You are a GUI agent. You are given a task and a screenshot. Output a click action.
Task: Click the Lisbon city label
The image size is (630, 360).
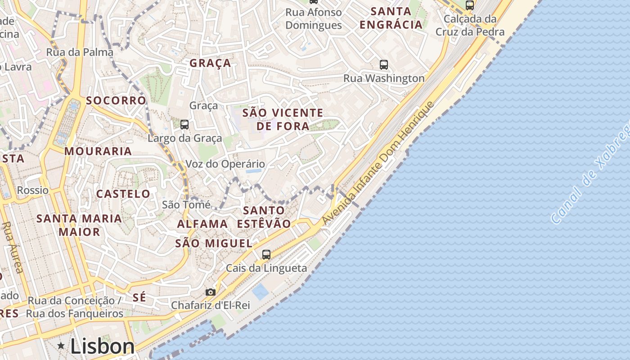102,346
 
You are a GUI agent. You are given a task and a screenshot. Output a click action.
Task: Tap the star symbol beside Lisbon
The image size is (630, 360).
61,346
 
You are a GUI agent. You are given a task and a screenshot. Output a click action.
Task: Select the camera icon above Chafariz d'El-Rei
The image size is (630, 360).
210,292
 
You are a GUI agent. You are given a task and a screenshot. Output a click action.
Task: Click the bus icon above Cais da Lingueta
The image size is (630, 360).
266,255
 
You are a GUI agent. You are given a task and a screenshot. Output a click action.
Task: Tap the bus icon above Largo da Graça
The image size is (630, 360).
184,125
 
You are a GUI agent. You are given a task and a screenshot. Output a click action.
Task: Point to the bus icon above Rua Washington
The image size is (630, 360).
384,65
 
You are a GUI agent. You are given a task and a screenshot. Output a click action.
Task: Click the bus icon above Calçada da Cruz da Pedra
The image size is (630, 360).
470,5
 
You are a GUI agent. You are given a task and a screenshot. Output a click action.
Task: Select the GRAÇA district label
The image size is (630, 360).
210,63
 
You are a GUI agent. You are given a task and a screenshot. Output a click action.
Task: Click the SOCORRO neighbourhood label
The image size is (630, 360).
116,100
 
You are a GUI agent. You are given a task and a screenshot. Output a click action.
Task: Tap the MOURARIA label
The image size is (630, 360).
98,151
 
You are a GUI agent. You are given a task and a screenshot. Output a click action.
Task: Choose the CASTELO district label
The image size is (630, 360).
123,194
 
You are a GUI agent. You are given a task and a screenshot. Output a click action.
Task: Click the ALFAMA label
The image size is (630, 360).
202,224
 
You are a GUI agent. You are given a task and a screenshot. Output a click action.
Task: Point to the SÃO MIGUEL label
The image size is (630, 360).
214,243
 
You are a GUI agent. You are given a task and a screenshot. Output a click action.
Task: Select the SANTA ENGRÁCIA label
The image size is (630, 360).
391,18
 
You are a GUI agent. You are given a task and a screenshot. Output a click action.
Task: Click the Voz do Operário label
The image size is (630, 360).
225,164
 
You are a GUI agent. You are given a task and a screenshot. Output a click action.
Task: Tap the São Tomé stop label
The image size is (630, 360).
186,205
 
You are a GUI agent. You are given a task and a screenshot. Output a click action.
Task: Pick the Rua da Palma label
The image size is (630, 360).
80,52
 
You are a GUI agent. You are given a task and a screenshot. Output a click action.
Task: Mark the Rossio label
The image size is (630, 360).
33,190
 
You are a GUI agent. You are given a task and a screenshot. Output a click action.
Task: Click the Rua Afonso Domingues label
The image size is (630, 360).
314,18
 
